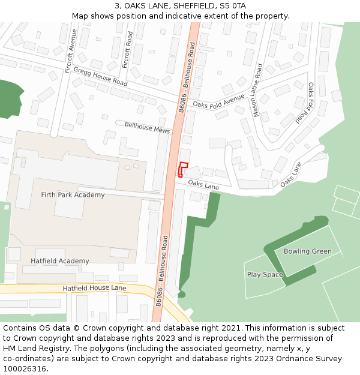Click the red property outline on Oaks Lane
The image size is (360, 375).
[x=183, y=169]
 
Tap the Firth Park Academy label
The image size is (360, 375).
[x=73, y=195]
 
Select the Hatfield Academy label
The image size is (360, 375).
[x=60, y=261]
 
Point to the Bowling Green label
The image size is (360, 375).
[x=307, y=251]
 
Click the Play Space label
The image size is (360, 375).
[x=265, y=275]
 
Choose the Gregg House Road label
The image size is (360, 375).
[x=100, y=76]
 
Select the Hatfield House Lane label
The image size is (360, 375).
[x=94, y=289]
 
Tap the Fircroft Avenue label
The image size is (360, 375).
[x=71, y=51]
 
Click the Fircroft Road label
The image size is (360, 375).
[x=127, y=50]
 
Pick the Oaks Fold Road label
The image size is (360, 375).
[x=306, y=103]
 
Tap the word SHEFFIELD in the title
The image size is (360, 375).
[x=192, y=6]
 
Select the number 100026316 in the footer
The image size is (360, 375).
[x=24, y=369]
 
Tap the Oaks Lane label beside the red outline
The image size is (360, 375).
[x=203, y=185]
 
